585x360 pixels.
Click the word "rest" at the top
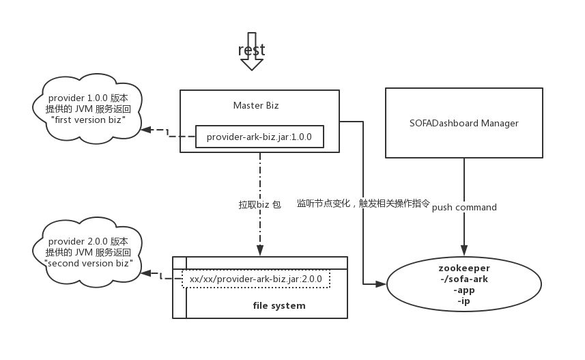point(251,50)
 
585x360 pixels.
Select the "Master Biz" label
point(256,105)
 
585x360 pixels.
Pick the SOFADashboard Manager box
point(463,123)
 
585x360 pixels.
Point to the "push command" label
point(464,207)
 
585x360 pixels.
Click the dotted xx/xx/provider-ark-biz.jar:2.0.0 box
point(255,279)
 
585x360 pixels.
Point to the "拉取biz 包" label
point(259,204)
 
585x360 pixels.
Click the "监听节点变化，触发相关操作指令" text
point(363,204)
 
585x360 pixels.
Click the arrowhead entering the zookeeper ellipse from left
point(382,283)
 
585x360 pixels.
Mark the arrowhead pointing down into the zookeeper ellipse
point(464,251)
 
